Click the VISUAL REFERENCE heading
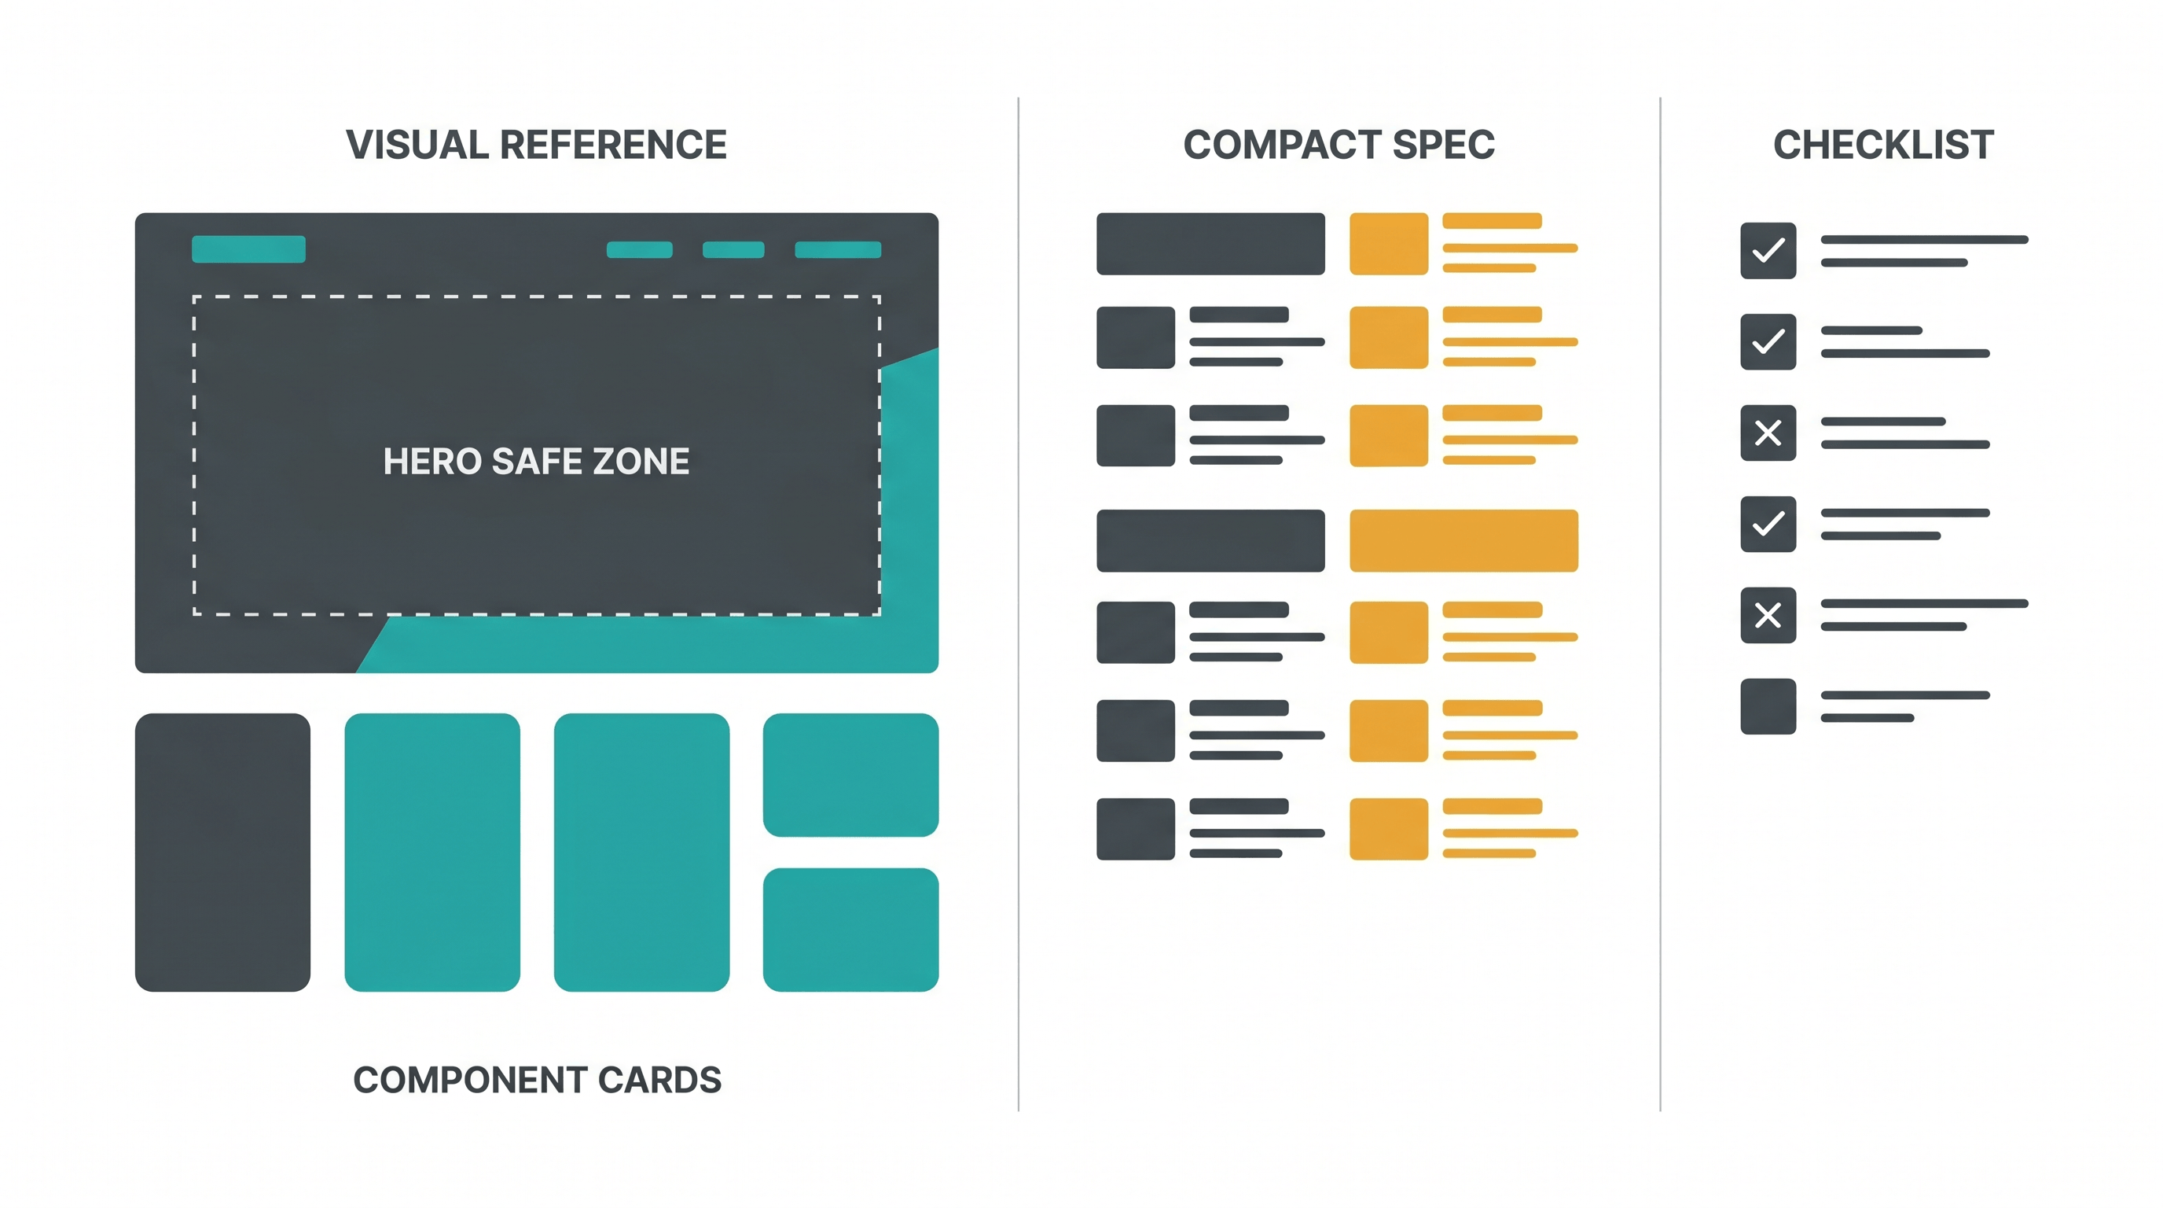[537, 145]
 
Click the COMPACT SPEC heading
[1339, 145]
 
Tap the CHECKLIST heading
[1883, 145]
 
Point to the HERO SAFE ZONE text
[537, 461]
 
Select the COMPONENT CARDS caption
[538, 1080]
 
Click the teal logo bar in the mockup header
[248, 249]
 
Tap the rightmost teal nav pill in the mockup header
[838, 249]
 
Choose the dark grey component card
[222, 852]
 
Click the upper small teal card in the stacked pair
[850, 775]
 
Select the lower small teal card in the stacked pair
[850, 930]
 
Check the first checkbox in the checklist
[1768, 250]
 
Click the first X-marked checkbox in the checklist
[1768, 433]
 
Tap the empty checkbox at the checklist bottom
[1768, 706]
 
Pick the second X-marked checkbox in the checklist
[1768, 615]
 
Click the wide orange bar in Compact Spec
[1463, 540]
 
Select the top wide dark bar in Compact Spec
[1211, 244]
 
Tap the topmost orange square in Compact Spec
[1389, 244]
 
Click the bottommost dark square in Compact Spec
[1136, 829]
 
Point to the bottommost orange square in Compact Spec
[1389, 829]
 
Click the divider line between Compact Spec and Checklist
[1660, 604]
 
